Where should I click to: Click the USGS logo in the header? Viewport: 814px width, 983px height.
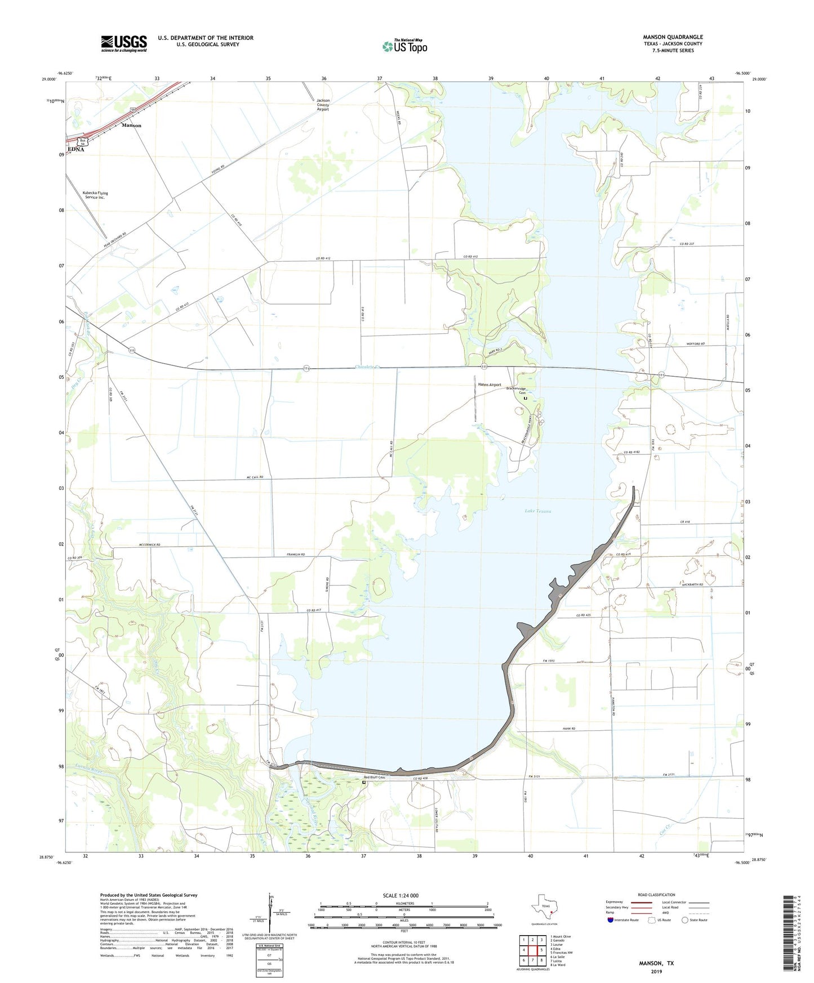[x=123, y=43]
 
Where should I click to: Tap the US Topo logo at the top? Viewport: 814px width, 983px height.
[x=404, y=46]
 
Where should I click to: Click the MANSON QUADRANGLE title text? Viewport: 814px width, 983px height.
[x=673, y=37]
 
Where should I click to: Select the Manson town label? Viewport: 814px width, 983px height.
[x=131, y=126]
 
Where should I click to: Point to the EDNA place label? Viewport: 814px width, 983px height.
[x=75, y=149]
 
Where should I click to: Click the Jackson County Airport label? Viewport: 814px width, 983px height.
[x=323, y=105]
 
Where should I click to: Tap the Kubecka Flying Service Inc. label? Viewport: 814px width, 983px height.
[x=95, y=195]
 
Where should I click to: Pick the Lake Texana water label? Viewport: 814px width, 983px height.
[x=537, y=511]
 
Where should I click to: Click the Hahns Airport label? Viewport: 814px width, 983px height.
[x=489, y=385]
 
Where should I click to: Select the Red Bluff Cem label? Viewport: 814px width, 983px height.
[x=374, y=778]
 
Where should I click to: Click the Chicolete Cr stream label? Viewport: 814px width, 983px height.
[x=368, y=367]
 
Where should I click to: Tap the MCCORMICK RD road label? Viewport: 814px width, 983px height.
[x=149, y=545]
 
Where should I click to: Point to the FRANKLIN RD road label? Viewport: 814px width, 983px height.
[x=295, y=555]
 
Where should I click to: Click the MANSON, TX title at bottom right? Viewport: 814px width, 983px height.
[x=656, y=963]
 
